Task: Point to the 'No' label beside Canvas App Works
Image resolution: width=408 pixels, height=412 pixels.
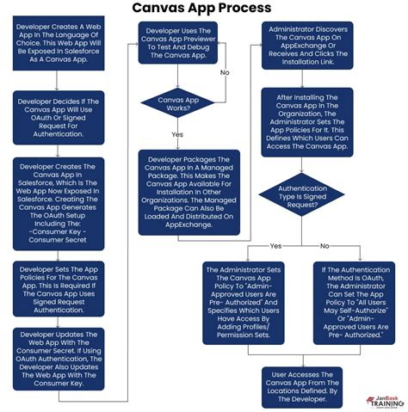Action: [225, 72]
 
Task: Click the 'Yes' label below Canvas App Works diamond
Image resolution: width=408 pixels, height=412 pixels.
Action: [177, 135]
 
